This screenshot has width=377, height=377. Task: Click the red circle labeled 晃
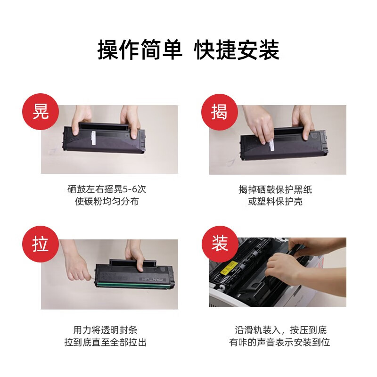[x=41, y=111]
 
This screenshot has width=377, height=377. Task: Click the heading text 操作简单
[x=140, y=49]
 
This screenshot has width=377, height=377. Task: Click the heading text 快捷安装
[x=238, y=49]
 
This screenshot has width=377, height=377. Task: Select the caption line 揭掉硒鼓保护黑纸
[x=275, y=189]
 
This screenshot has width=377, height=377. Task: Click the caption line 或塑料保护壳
[x=275, y=202]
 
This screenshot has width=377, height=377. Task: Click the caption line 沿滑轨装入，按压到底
[x=280, y=330]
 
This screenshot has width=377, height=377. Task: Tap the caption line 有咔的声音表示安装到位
[x=280, y=342]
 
